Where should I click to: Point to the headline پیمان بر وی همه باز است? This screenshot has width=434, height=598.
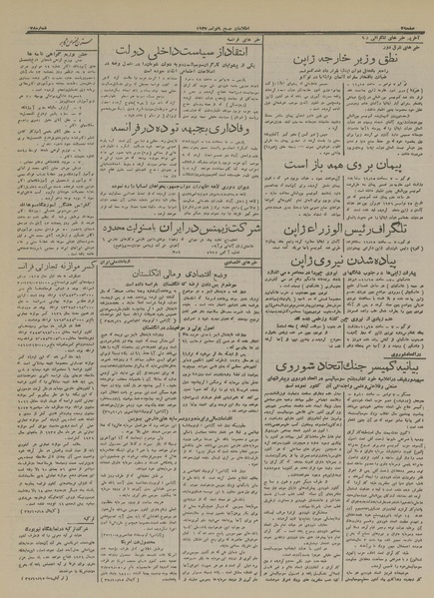[358, 160]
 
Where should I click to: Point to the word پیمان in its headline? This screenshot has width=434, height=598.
[393, 160]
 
